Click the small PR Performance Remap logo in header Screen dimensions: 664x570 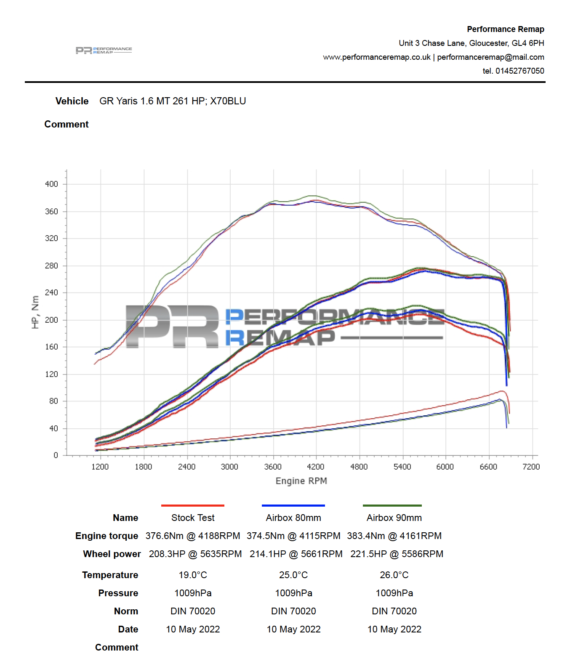[x=104, y=50]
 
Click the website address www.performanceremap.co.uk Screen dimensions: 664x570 [x=377, y=57]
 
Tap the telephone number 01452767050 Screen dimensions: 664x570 [x=519, y=71]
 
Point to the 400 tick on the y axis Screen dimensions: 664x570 [x=52, y=184]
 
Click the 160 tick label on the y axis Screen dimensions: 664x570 [x=52, y=347]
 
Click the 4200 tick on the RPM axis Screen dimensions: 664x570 [x=316, y=467]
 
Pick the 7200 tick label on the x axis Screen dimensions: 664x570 [x=531, y=467]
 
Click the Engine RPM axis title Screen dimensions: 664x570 [x=301, y=481]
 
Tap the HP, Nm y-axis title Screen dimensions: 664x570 [x=35, y=312]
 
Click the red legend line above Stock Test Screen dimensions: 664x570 [x=193, y=505]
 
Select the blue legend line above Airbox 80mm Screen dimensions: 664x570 [x=293, y=505]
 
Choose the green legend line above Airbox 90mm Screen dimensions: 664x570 [x=392, y=505]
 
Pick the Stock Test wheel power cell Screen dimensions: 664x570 [x=195, y=554]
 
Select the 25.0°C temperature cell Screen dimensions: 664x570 [x=293, y=575]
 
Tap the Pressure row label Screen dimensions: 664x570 [x=118, y=593]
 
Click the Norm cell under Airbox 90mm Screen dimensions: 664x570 [x=394, y=611]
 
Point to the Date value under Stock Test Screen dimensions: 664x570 [x=193, y=629]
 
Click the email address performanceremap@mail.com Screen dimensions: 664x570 [x=490, y=57]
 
